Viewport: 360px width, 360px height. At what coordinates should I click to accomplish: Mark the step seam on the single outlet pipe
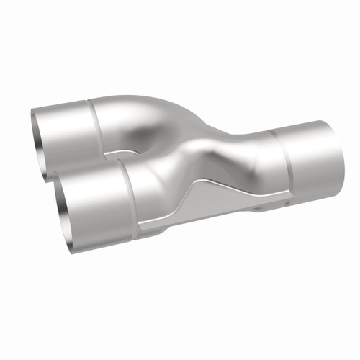pyautogui.click(x=273, y=162)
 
